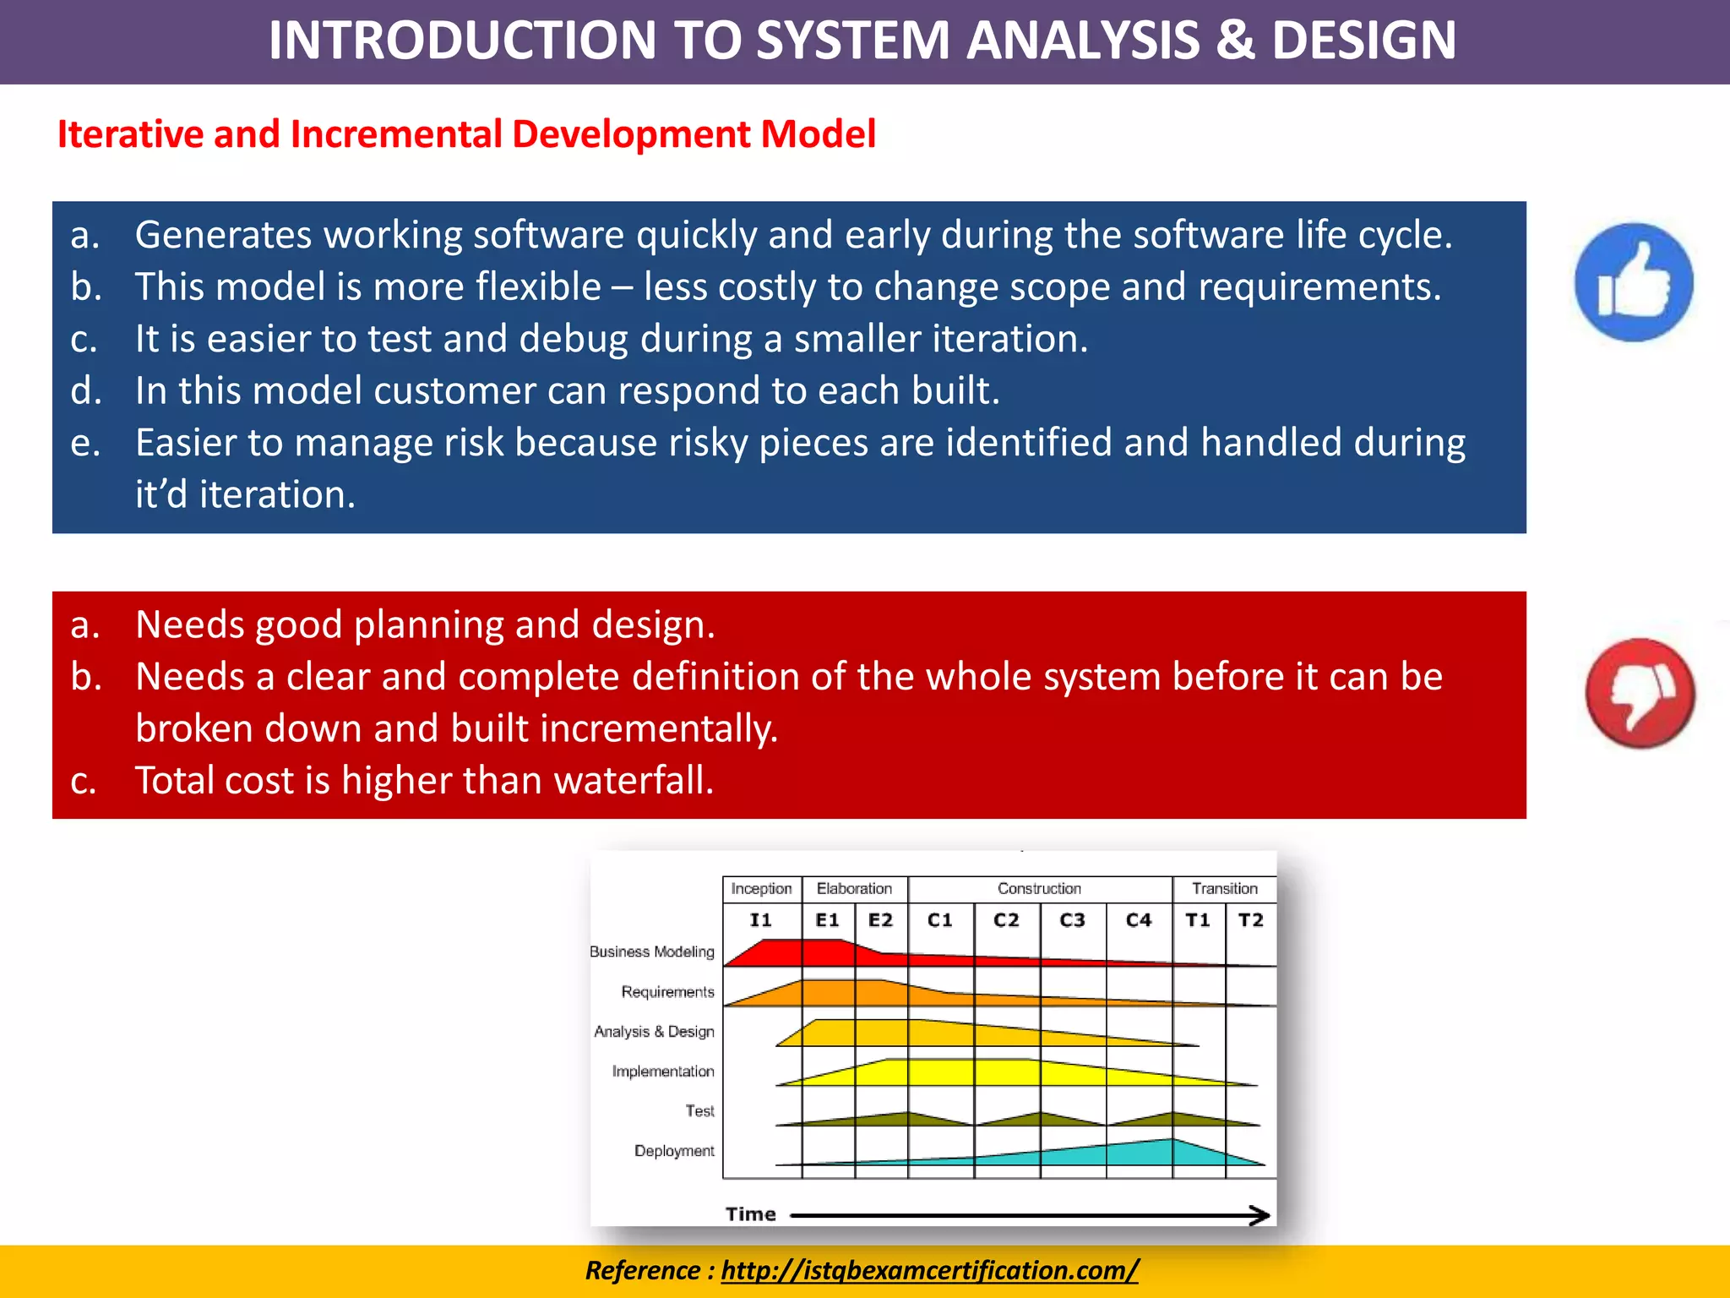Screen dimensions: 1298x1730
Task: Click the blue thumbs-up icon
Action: (x=1634, y=282)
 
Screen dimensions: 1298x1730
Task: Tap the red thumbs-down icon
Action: (x=1640, y=693)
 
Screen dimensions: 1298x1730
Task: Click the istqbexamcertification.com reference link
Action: (x=929, y=1270)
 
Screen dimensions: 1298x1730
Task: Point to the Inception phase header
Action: (x=761, y=889)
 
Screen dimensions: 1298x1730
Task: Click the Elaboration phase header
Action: (x=854, y=889)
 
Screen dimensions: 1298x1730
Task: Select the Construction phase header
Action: (x=1039, y=889)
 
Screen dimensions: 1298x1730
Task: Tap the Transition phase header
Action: (x=1224, y=889)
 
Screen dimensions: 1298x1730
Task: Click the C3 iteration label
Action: (x=1072, y=920)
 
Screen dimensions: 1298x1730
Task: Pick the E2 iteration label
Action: (x=880, y=920)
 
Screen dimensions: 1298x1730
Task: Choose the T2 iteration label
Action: (x=1250, y=920)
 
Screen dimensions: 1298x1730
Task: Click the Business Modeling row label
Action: (x=651, y=952)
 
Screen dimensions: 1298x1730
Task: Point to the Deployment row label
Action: (x=673, y=1151)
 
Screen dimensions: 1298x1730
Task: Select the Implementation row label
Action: (x=662, y=1072)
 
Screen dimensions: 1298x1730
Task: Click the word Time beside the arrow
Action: (x=750, y=1214)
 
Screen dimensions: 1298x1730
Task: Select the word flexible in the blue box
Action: (x=537, y=287)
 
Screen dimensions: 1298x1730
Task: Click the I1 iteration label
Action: (x=760, y=920)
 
